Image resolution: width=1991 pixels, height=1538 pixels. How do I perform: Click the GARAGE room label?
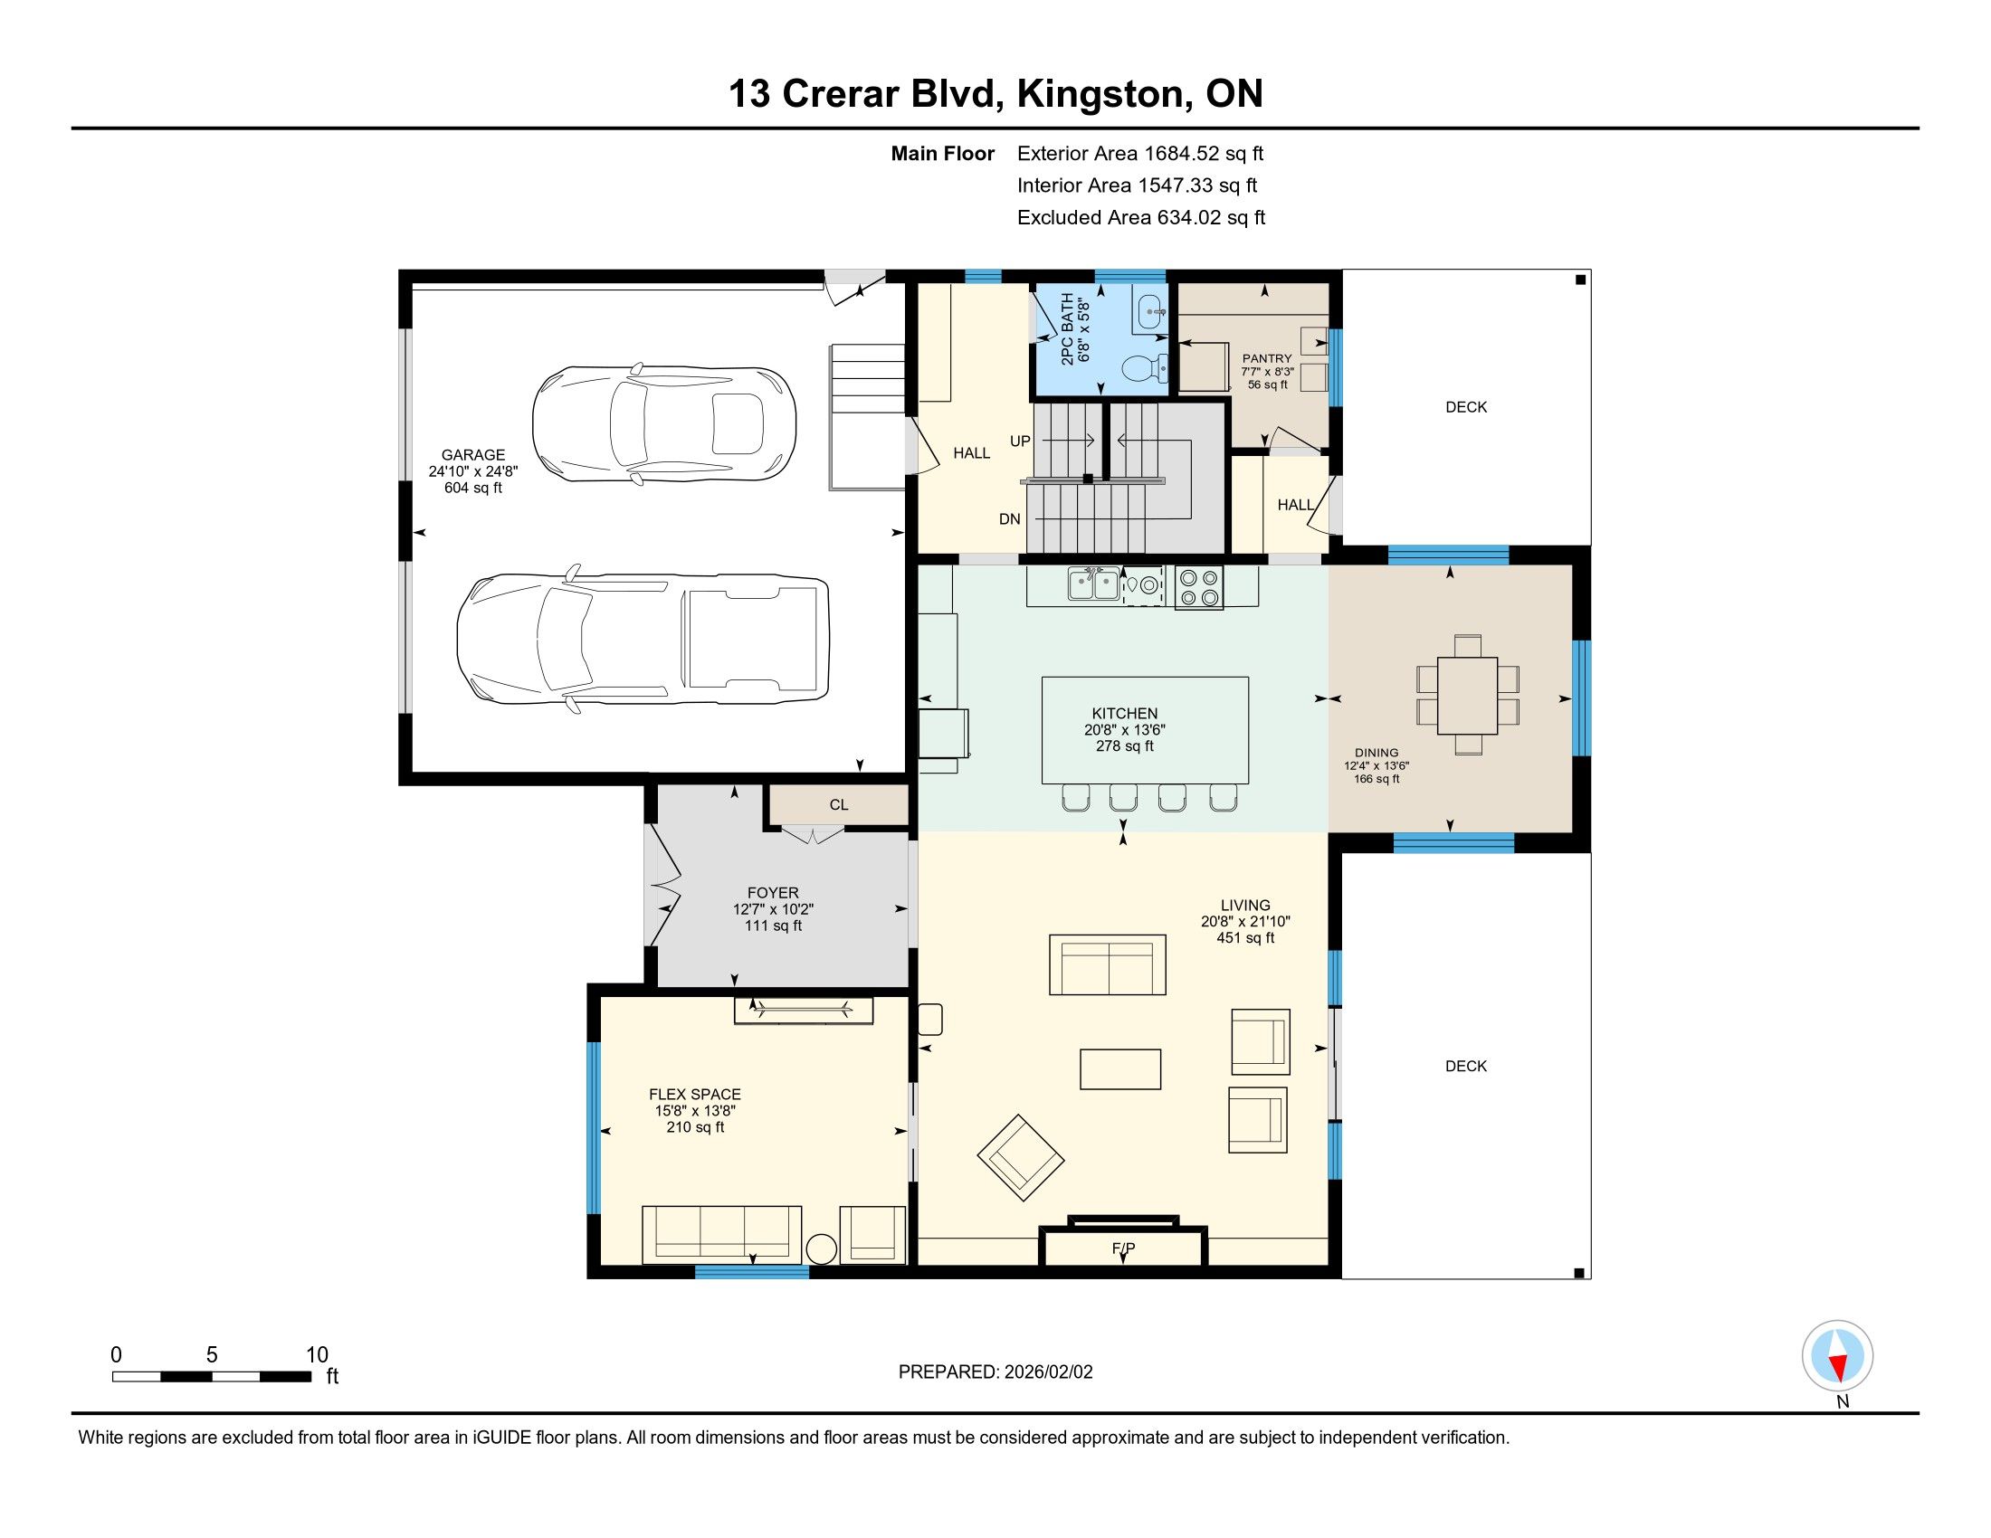[473, 455]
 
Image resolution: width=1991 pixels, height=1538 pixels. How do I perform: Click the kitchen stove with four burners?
[1199, 588]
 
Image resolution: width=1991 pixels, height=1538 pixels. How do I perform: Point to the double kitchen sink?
[1094, 584]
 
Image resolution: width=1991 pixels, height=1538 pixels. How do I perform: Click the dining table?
[1468, 695]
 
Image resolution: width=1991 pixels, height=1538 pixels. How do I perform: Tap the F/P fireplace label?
[1123, 1248]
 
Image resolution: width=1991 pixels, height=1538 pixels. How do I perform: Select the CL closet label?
[839, 804]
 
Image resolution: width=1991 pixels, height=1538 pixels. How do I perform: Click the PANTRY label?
[1267, 358]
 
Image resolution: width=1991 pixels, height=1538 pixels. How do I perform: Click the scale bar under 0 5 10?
[212, 1377]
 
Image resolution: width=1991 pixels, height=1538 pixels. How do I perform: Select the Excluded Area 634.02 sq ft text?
[1141, 218]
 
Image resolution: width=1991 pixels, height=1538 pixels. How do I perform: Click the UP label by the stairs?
[1020, 441]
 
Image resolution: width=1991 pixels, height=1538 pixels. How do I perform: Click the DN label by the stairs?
[1010, 519]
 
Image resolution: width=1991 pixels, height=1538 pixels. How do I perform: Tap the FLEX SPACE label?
[695, 1095]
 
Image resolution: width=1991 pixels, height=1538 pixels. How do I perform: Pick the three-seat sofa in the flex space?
[722, 1235]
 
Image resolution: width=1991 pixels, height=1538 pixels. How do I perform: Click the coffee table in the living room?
[1120, 1069]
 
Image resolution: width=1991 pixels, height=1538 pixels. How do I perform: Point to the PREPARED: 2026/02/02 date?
[995, 1372]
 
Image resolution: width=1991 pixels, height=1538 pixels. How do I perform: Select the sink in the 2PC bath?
[1152, 310]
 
